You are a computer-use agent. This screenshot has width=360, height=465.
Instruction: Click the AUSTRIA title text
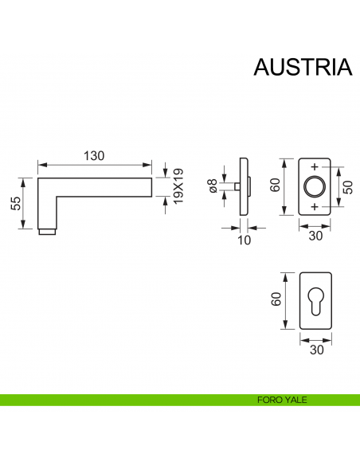(302, 68)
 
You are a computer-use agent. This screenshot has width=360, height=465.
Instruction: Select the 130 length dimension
(94, 156)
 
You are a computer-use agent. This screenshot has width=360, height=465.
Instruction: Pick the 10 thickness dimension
(243, 240)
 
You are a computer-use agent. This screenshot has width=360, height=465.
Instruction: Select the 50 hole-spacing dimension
(347, 187)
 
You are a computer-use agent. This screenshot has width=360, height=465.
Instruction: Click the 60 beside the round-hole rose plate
(275, 186)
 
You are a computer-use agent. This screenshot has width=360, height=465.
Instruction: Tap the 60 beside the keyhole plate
(275, 300)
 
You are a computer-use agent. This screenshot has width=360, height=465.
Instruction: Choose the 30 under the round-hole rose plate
(315, 236)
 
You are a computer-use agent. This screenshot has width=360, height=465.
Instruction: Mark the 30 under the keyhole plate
(315, 350)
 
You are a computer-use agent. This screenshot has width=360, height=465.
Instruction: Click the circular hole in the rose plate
(315, 187)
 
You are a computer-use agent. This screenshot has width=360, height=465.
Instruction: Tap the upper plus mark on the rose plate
(315, 167)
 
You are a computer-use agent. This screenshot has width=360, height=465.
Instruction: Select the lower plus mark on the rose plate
(315, 207)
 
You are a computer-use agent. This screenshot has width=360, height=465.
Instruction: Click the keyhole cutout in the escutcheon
(315, 303)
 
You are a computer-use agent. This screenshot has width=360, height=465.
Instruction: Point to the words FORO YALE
(282, 400)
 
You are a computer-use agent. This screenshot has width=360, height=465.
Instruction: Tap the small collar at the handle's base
(48, 232)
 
